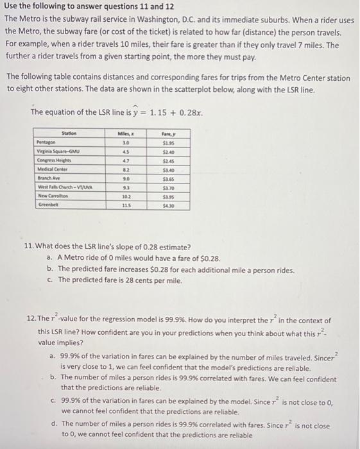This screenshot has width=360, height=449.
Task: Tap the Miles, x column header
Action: [x=126, y=133]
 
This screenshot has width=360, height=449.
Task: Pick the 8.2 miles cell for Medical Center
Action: [x=126, y=169]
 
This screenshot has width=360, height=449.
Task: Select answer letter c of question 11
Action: [x=49, y=280]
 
